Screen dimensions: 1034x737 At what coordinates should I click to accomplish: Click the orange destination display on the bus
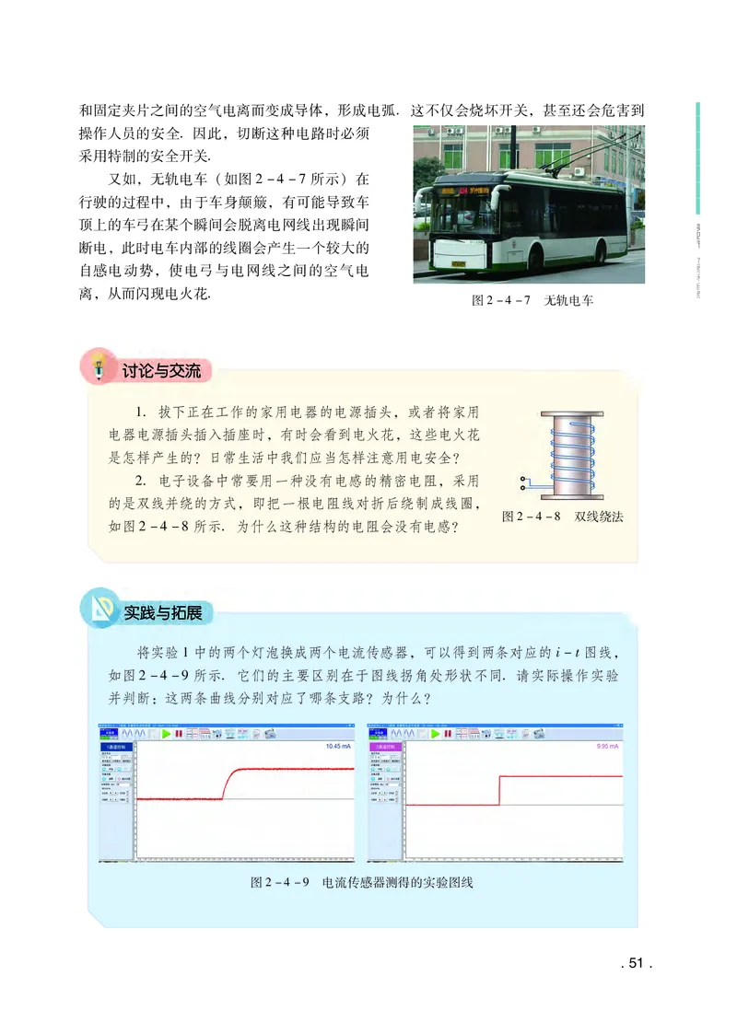tap(462, 192)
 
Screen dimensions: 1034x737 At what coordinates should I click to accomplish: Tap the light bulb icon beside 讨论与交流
tap(96, 366)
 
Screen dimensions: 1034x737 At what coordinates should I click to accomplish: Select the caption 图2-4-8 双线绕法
tap(562, 517)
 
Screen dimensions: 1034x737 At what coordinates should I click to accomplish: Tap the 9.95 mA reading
tap(609, 747)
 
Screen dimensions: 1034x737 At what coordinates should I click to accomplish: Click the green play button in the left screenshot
tap(166, 734)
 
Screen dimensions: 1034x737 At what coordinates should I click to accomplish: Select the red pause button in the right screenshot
tap(448, 734)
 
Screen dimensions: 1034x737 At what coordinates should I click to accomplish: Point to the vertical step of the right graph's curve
tap(499, 790)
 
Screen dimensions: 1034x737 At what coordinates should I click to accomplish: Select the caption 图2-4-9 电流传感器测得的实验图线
tap(361, 883)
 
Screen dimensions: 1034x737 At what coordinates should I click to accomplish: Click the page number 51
tap(635, 963)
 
